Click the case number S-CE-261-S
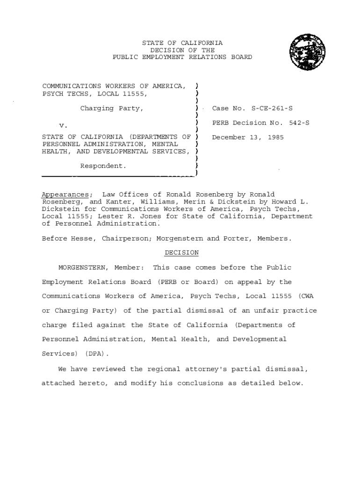click(x=272, y=109)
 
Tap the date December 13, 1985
click(x=248, y=138)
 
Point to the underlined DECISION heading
click(x=182, y=253)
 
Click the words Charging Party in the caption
click(x=112, y=109)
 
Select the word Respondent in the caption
click(x=103, y=166)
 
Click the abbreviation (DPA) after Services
click(x=96, y=353)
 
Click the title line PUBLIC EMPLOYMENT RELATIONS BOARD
click(x=182, y=57)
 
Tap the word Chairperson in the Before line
click(x=126, y=239)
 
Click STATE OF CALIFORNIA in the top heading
click(x=182, y=43)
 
